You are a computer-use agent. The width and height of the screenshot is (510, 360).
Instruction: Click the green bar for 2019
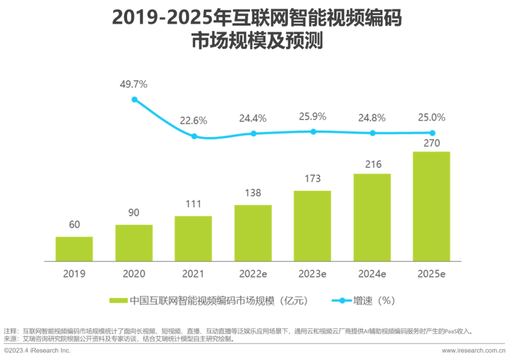coord(74,249)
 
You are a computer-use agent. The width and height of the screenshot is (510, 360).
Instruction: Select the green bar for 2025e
coord(431,206)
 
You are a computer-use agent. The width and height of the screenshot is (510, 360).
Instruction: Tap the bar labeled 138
coord(253,233)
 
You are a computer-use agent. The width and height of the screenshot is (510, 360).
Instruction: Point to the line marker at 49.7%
coord(135,100)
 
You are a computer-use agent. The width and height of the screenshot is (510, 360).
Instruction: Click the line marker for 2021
coord(194,136)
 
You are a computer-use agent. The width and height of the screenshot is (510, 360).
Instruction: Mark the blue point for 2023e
coord(313,131)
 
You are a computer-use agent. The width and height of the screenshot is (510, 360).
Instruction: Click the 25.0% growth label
coord(432,118)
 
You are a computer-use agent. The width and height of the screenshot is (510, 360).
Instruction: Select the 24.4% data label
coord(253,118)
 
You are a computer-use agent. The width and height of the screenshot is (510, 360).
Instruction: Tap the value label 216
coord(373,164)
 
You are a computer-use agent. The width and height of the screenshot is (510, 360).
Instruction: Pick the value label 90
coord(134,213)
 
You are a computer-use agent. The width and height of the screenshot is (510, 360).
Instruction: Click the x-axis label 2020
coord(134,274)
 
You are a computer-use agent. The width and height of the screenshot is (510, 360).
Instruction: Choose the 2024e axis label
coord(372,274)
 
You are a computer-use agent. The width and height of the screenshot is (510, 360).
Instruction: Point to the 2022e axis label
coord(253,274)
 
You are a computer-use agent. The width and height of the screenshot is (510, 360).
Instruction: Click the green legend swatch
coord(119,300)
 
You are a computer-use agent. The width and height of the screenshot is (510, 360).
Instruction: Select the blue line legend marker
coord(342,300)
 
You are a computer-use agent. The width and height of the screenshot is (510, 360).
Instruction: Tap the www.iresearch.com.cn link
coord(473,351)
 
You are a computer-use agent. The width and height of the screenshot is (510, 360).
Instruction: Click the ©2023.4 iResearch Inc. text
coord(37,351)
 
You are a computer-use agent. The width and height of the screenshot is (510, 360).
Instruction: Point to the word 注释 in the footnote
coord(10,331)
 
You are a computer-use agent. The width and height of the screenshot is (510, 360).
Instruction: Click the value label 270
coord(432,143)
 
